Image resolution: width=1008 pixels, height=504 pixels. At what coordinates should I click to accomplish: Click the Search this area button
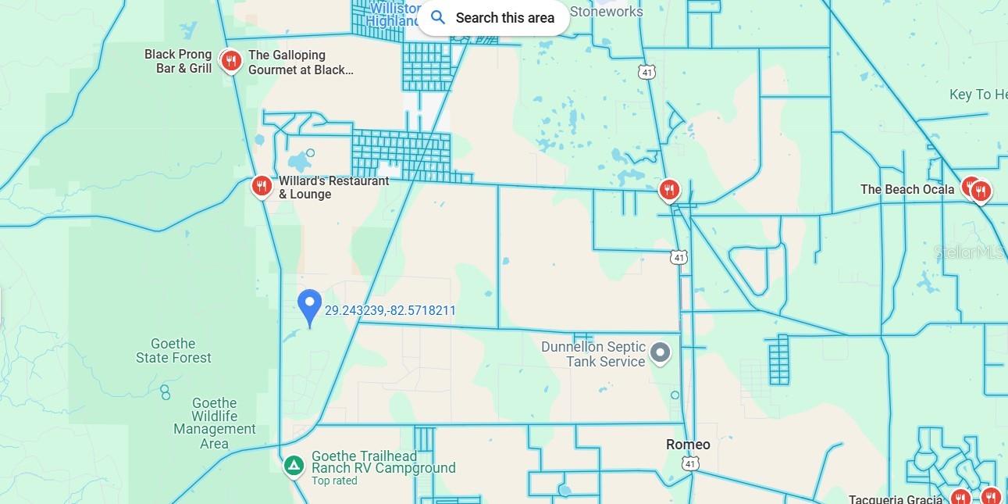coord(493,18)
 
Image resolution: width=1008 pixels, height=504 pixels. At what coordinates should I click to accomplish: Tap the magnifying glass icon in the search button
coord(438,17)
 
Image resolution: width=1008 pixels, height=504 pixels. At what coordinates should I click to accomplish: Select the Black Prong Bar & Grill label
coord(178,62)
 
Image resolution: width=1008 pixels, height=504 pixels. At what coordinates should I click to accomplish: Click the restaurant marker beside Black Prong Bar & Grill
coord(230,60)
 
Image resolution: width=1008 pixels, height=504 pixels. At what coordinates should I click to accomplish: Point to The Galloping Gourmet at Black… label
coord(300,63)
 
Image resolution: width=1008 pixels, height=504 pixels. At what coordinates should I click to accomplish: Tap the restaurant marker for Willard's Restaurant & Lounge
coord(262,186)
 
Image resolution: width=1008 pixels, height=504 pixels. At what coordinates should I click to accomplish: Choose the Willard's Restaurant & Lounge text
coord(333,188)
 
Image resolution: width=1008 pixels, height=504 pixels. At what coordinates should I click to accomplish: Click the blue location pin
coord(310,307)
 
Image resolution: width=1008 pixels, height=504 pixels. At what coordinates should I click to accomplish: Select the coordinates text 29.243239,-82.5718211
coord(390,311)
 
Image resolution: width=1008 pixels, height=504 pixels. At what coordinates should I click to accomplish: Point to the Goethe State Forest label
coord(173,351)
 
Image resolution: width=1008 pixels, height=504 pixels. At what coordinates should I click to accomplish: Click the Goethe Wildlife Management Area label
coord(214,423)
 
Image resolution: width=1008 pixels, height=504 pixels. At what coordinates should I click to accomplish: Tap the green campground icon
coord(294,466)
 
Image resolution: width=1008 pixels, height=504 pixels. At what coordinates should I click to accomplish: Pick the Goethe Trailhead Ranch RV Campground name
coord(383,462)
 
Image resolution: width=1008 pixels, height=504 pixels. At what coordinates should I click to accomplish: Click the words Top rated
coord(334,481)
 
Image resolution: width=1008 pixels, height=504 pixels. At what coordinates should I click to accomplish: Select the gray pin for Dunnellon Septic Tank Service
coord(661,353)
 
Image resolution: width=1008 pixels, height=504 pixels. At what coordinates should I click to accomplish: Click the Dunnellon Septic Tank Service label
coord(593,354)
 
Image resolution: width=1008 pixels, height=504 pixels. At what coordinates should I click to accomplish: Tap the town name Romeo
coord(688,445)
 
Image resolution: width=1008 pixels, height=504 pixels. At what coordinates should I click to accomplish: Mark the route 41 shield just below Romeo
coord(689,463)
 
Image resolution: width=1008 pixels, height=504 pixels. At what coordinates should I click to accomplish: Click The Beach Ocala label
coord(907,189)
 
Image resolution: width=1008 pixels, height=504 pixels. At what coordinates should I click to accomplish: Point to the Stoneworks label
coord(607,11)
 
